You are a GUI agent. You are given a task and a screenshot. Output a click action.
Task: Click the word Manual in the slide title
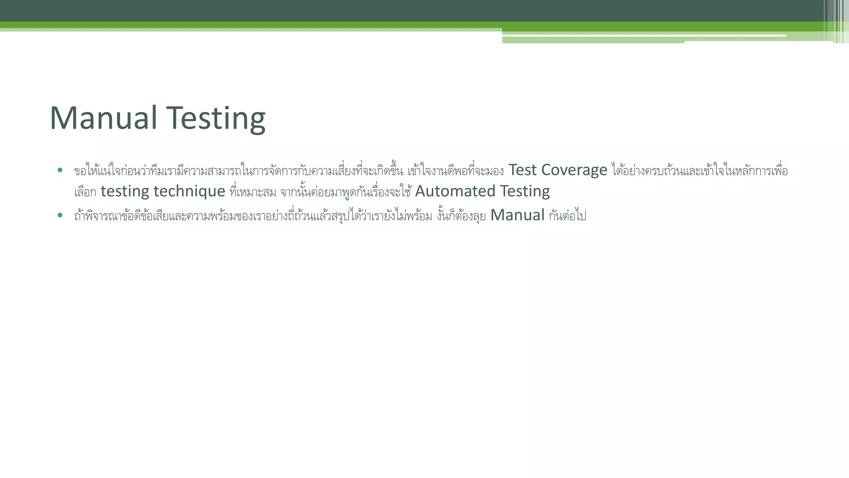pos(103,118)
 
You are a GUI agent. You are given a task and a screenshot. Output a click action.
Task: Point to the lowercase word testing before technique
pos(125,191)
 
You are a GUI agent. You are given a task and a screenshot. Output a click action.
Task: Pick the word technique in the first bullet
pos(189,191)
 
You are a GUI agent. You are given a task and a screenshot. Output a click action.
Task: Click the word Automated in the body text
pos(455,191)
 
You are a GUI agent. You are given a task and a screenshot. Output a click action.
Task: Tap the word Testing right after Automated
pos(525,191)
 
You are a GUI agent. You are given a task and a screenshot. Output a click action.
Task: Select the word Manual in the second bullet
pos(517,215)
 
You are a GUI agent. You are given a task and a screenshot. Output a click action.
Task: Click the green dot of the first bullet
pos(60,170)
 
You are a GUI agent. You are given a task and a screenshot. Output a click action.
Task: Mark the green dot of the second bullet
pos(60,215)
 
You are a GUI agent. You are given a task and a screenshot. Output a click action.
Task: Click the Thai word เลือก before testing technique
pos(85,192)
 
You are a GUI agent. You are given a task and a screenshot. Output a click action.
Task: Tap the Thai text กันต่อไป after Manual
pos(567,216)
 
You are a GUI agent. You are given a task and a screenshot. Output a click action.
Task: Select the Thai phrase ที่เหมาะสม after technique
pos(252,192)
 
